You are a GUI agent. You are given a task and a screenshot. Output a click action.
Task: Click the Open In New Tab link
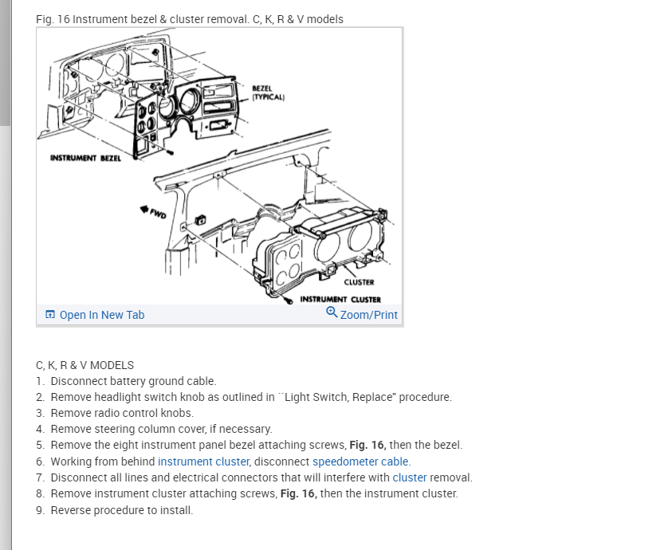click(x=101, y=315)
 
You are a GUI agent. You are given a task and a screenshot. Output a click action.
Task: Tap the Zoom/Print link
click(x=368, y=315)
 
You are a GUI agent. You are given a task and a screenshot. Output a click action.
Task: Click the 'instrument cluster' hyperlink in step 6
click(x=203, y=462)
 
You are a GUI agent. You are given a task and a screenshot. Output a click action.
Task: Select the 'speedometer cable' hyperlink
click(x=360, y=462)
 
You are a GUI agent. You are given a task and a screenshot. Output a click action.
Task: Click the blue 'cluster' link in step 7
click(x=410, y=477)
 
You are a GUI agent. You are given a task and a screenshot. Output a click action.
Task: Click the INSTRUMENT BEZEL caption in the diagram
click(x=85, y=158)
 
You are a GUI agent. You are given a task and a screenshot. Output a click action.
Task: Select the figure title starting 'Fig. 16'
click(x=190, y=19)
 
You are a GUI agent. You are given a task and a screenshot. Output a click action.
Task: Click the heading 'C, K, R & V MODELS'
click(x=84, y=365)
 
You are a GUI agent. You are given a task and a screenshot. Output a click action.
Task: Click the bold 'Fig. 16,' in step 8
click(x=299, y=493)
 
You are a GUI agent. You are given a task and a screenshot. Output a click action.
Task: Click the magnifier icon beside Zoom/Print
click(x=332, y=313)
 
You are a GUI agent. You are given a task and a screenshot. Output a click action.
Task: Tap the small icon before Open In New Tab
click(x=50, y=315)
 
